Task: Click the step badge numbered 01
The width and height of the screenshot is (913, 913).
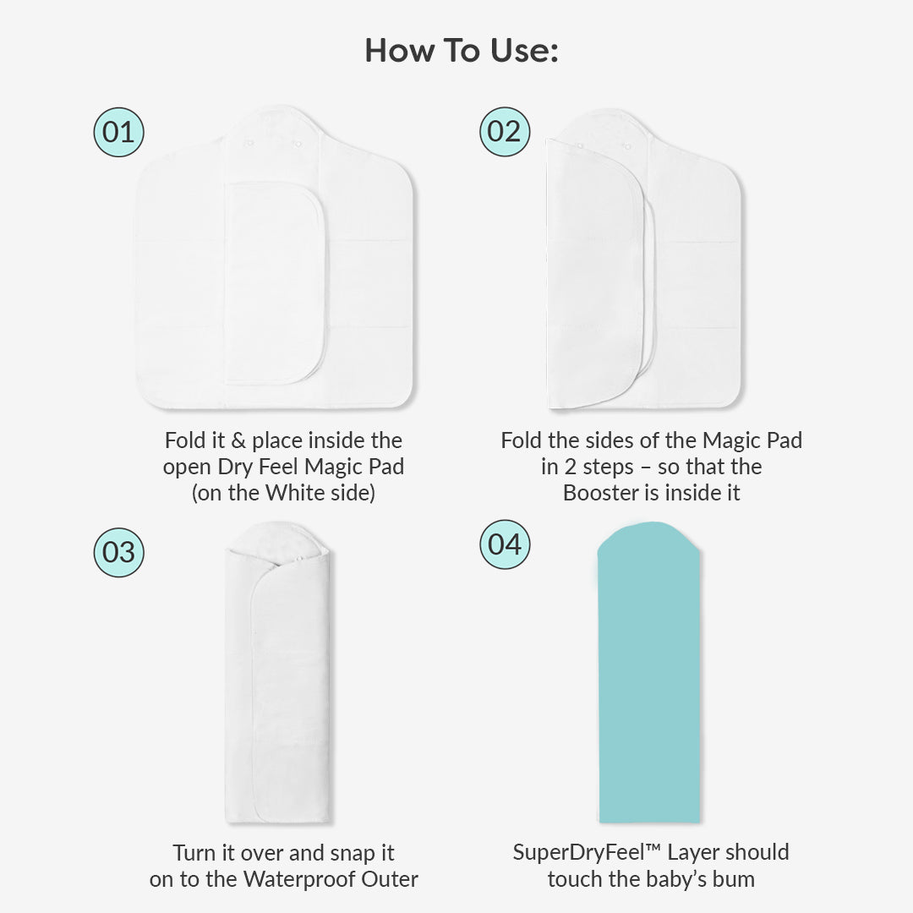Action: coord(119,132)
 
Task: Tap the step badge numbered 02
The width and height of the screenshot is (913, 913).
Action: coord(505,132)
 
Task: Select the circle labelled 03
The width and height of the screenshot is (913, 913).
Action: coord(119,553)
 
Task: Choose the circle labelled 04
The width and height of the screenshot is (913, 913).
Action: coord(505,544)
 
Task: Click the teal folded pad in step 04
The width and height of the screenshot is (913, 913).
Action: coord(649,672)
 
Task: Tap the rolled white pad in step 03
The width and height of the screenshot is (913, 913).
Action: coord(278,672)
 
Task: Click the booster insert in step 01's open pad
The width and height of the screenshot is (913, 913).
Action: coord(274,283)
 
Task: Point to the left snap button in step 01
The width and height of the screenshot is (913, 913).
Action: coord(249,142)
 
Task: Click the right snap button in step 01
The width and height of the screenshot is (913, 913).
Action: coord(298,143)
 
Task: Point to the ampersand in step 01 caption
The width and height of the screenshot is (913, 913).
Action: coord(238,440)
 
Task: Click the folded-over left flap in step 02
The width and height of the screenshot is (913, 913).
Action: coord(594,274)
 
